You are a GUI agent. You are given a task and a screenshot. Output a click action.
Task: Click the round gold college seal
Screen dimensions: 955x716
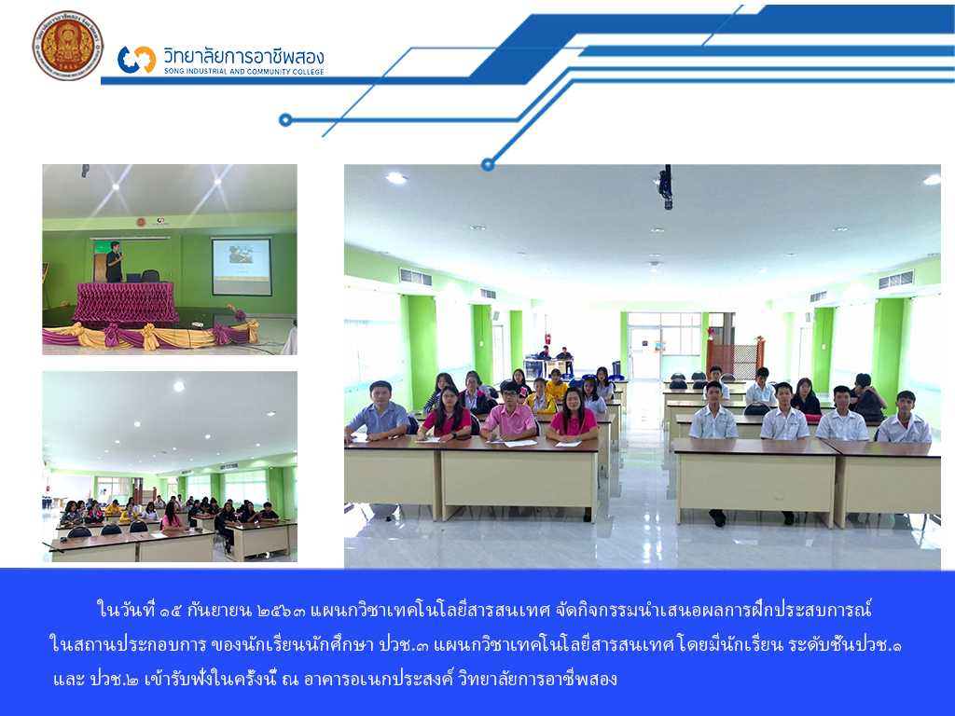(x=67, y=46)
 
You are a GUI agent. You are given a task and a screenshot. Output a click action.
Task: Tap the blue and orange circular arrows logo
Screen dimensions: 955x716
(x=136, y=60)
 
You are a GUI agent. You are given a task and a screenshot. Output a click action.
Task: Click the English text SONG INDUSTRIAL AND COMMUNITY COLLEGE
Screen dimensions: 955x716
(x=243, y=71)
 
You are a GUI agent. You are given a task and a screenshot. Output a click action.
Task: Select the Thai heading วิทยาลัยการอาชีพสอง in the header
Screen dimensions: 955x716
(x=243, y=57)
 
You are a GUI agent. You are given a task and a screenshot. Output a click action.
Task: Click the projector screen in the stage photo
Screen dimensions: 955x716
(x=242, y=267)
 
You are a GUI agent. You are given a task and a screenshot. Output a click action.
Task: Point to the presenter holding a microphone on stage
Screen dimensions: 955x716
(x=114, y=262)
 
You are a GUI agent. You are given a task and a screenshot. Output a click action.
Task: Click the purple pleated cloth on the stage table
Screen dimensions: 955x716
(x=126, y=301)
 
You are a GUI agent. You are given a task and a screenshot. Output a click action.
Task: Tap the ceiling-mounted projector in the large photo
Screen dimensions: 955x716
(x=666, y=186)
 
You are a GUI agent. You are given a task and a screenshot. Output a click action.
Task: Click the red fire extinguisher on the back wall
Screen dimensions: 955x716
(x=548, y=339)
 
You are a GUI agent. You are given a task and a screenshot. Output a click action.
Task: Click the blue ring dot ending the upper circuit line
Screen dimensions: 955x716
(x=285, y=120)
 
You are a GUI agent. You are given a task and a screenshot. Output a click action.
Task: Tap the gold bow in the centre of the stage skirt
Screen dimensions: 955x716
(x=149, y=336)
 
